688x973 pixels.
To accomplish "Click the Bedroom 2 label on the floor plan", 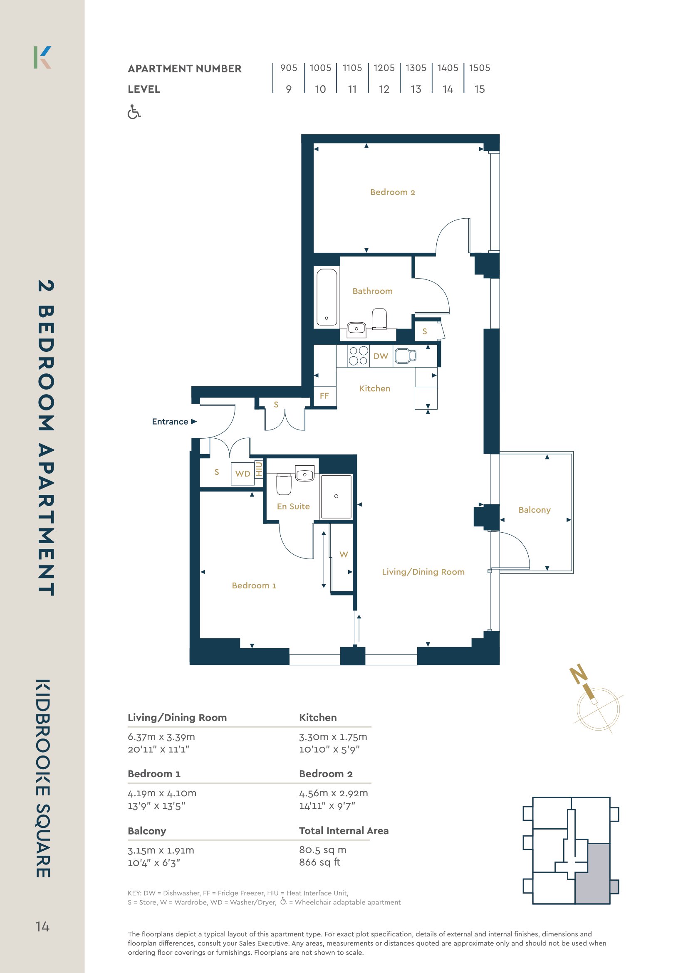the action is [392, 192].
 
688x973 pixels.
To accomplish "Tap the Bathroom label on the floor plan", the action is [372, 291].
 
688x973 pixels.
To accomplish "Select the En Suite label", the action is [293, 506].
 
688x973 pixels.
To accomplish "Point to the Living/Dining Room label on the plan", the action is [423, 572].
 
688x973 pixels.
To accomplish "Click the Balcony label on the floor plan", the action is [534, 510].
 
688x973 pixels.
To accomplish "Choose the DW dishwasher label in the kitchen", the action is [381, 356].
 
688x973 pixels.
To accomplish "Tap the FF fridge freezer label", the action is [324, 396].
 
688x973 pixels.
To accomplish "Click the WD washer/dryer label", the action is [243, 474].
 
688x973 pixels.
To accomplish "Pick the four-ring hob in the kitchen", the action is [358, 356].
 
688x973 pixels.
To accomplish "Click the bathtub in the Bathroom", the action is [327, 296].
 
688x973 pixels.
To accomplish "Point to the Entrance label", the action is [170, 422].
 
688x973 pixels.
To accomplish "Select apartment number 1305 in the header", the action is [416, 68].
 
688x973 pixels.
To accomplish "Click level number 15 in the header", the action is [480, 89].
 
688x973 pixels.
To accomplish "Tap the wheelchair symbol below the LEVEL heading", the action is [134, 112].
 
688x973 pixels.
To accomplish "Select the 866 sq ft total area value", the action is [319, 862].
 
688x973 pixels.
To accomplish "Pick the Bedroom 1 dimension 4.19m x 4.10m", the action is [162, 793].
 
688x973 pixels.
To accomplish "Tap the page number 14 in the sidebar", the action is [42, 926].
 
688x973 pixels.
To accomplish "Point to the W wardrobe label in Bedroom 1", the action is [344, 554].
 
